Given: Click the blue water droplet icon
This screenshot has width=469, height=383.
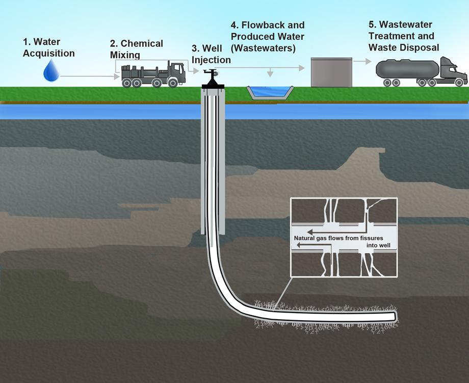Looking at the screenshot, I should [51, 71].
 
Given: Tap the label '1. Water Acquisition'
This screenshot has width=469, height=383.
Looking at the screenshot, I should [49, 48].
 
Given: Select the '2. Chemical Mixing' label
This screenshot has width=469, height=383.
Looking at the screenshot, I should [136, 49].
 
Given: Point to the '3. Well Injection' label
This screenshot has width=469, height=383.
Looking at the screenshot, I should [211, 55].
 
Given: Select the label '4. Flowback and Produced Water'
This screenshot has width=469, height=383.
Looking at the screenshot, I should [267, 36].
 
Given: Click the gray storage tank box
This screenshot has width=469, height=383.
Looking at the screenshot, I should [331, 72].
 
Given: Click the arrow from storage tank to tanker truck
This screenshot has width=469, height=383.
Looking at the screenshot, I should [362, 61].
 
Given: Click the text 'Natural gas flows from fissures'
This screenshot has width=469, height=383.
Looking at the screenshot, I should [338, 238].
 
